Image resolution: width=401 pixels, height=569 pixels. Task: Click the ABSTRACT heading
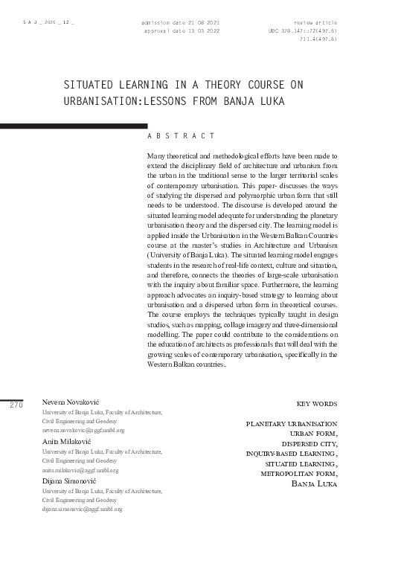182,136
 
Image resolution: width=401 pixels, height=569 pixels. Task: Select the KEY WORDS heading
316,404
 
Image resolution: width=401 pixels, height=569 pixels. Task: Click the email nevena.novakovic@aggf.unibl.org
83,431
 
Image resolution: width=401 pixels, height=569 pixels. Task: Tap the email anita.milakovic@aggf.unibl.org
80,470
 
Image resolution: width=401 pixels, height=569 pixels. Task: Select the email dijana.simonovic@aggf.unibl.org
82,509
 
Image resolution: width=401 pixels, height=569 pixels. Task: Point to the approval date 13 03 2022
182,31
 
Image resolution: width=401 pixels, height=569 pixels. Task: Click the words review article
316,23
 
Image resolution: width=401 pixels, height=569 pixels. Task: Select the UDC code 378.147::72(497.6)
303,31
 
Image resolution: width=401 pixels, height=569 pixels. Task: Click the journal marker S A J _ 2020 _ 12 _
48,24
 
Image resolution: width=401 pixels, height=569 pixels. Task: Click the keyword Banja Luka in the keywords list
315,483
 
